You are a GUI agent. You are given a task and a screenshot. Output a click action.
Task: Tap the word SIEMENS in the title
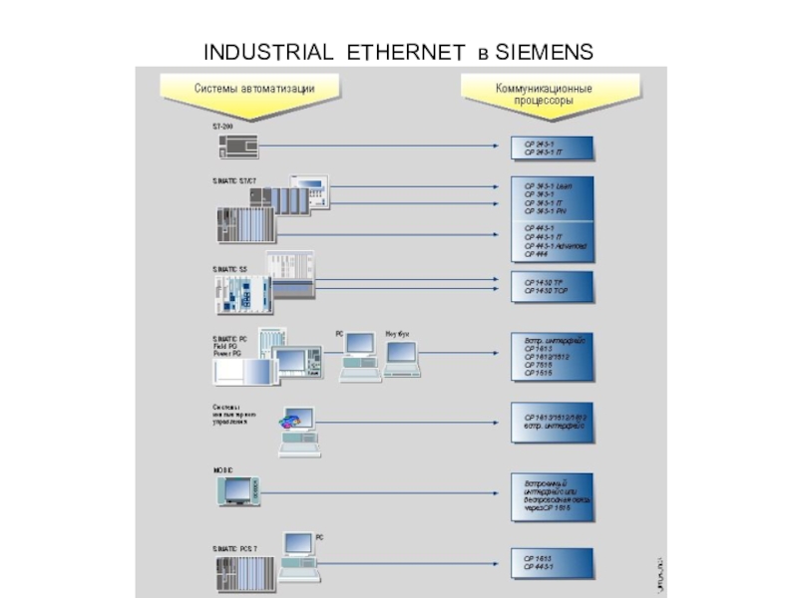(546, 51)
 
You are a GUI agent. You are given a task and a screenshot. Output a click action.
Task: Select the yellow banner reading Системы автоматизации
(254, 91)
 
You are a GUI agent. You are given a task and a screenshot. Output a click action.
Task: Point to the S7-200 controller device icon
(237, 146)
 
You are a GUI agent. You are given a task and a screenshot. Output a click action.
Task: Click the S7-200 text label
(221, 128)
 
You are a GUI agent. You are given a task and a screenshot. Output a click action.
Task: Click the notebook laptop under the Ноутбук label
(403, 361)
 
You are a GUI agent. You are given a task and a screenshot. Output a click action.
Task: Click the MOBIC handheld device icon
(238, 490)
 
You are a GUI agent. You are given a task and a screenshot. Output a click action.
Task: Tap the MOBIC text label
(221, 468)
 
